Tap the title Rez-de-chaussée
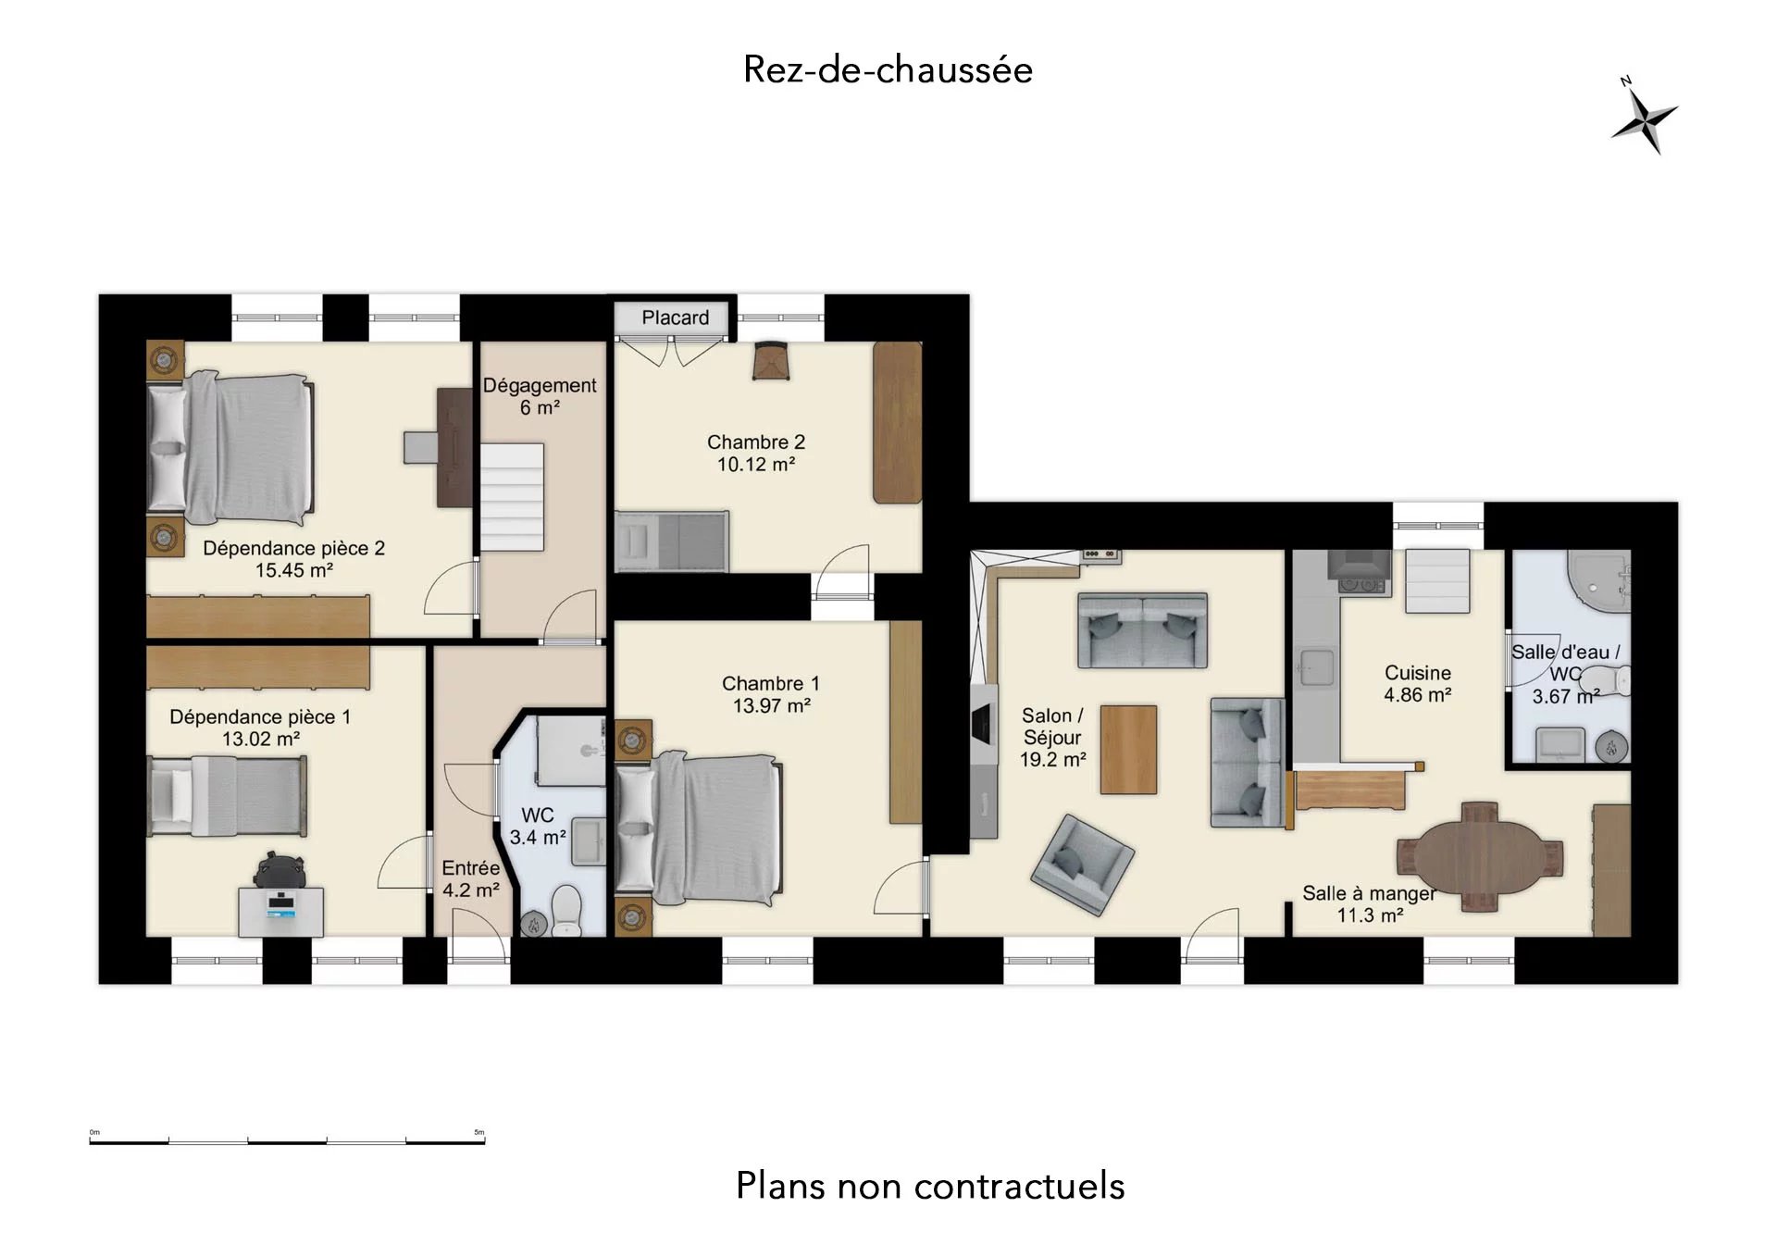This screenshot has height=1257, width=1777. coord(888,70)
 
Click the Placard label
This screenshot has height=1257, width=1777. coord(676,317)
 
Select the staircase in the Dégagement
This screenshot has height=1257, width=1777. coord(512,497)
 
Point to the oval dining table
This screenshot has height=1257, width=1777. coord(1480,856)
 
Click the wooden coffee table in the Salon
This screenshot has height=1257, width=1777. coord(1128,750)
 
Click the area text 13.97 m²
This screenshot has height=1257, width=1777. coord(772,706)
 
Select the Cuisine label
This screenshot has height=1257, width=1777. coord(1418,673)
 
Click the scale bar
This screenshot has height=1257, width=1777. coord(287,1141)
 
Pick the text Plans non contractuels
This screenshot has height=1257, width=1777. coord(930,1186)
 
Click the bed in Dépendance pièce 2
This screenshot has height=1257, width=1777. coord(231,446)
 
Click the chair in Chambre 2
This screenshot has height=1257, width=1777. coord(770,361)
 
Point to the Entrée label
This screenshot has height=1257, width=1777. coord(471,868)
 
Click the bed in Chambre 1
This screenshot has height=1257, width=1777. coord(699,829)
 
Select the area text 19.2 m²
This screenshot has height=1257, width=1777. coord(1053,760)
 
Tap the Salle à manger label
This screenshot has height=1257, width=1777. coord(1370,894)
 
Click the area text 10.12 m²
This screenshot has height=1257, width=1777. coord(756,465)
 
